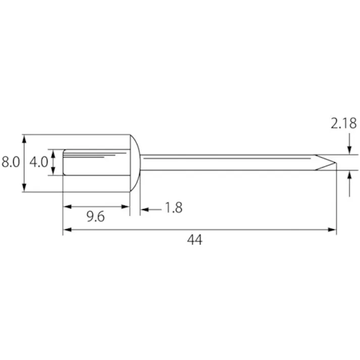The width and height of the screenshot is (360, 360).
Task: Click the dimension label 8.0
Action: [11, 162]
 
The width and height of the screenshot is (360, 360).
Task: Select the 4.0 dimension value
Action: [38, 162]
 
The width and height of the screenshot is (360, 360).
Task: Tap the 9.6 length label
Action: [95, 217]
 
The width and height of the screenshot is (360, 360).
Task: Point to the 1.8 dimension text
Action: [174, 208]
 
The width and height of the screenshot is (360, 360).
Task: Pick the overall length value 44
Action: [195, 240]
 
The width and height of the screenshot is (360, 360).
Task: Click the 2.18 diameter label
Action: [344, 123]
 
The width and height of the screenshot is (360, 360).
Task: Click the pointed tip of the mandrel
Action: [336, 163]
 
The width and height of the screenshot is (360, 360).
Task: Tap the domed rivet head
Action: [135, 163]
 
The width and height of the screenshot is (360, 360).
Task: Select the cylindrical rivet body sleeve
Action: [96, 162]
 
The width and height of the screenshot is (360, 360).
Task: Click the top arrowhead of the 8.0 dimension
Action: [24, 138]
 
